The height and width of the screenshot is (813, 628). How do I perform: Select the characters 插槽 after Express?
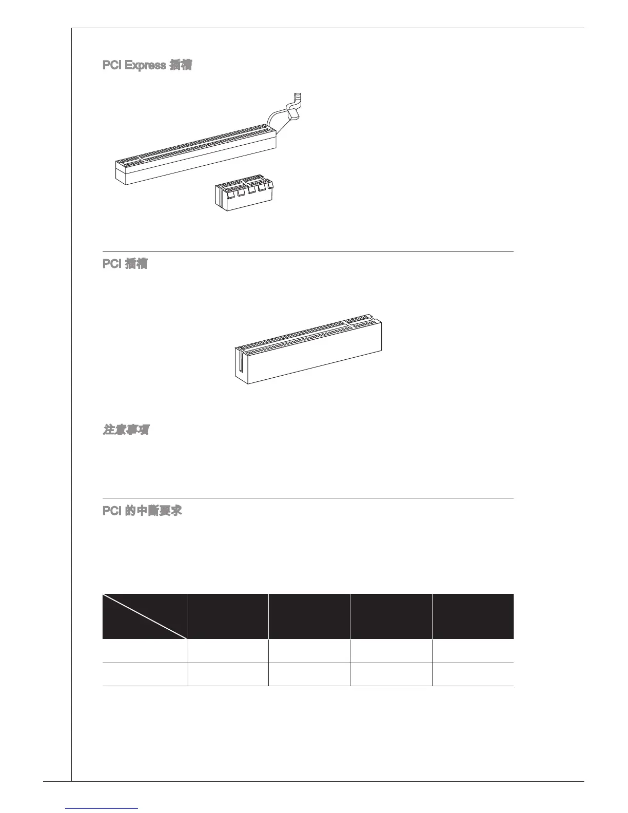point(180,66)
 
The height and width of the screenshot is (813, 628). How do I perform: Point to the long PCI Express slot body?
point(195,154)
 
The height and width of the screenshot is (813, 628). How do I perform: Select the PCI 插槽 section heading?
point(125,264)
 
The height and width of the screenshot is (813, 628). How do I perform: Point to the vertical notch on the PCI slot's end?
point(239,361)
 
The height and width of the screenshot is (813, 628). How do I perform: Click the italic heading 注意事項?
point(126,430)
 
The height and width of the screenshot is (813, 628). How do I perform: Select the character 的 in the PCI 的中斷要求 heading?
point(130,511)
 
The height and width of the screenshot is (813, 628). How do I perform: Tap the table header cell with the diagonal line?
point(144,616)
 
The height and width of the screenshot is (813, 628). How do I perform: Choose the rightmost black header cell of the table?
point(473,616)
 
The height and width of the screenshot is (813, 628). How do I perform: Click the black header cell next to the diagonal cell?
point(227,616)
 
